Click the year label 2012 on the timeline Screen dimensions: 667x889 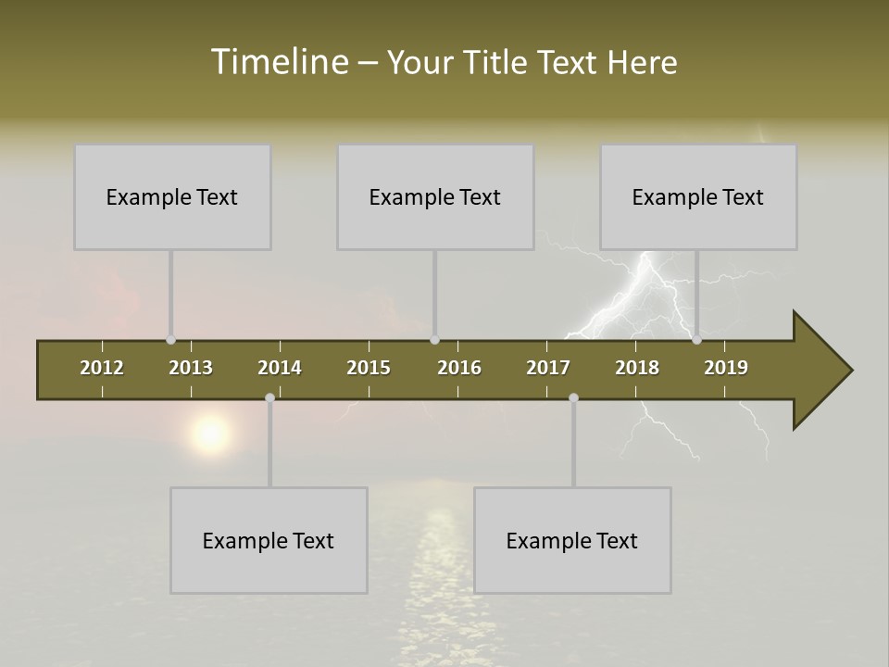click(x=102, y=368)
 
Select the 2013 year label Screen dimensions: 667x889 click(x=191, y=368)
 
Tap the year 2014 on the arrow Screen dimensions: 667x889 click(x=280, y=368)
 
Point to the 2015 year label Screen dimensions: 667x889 click(x=369, y=368)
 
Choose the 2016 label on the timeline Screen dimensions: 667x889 click(x=459, y=368)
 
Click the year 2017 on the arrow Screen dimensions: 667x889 click(x=548, y=368)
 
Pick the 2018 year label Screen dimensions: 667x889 click(x=637, y=368)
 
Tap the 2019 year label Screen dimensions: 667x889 click(x=726, y=368)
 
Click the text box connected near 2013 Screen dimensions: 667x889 click(x=172, y=196)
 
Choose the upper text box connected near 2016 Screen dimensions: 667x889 click(x=435, y=196)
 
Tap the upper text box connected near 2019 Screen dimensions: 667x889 click(x=698, y=196)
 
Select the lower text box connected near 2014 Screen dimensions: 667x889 click(x=269, y=540)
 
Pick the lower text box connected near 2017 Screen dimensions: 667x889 click(x=572, y=540)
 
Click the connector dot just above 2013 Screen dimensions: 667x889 click(x=170, y=340)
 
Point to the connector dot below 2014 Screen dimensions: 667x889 click(x=269, y=398)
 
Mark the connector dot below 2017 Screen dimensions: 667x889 click(x=573, y=398)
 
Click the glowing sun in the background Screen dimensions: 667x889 click(x=211, y=433)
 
